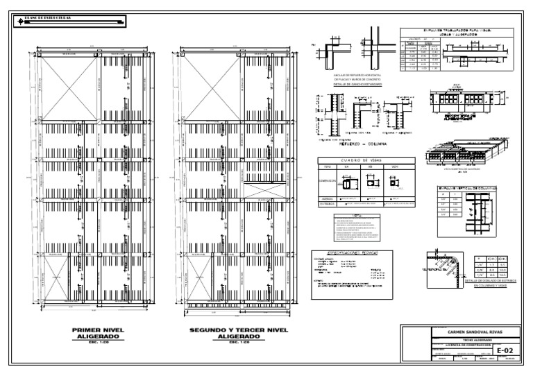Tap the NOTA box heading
[x=356, y=216]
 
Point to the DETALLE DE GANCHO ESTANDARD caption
[x=361, y=87]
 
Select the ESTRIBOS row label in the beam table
[x=328, y=204]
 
